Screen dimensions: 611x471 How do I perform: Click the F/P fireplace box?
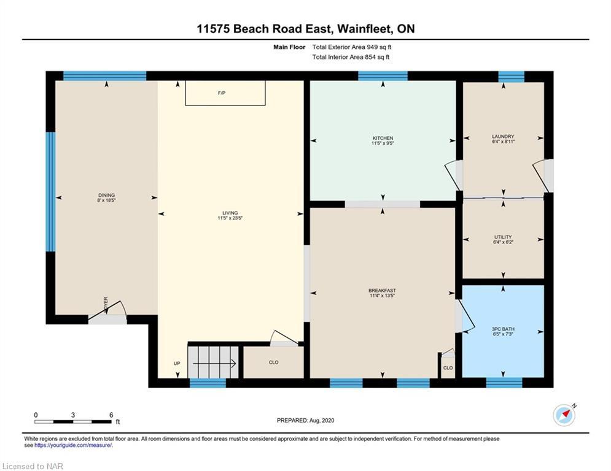225,93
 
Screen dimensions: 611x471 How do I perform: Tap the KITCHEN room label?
383,138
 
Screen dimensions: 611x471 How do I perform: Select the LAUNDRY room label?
503,137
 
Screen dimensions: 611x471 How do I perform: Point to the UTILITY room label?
503,237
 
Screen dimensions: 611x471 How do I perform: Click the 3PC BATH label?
503,329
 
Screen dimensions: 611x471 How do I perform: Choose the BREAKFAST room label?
383,290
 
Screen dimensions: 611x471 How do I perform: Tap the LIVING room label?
230,213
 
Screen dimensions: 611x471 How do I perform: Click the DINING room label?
106,196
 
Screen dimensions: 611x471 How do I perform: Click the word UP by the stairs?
177,364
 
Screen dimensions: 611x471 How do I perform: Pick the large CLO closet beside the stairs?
273,362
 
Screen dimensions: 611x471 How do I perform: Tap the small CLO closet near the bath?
448,367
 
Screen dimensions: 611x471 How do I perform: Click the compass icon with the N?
564,415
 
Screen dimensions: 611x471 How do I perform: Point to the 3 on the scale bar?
73,415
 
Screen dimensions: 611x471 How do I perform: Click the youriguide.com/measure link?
73,445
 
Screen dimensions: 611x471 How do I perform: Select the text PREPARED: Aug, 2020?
306,420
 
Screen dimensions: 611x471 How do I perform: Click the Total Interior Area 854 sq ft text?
351,57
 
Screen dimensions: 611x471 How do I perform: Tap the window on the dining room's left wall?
50,191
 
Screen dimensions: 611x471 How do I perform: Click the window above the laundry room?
512,76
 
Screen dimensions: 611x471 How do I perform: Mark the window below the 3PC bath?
504,383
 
